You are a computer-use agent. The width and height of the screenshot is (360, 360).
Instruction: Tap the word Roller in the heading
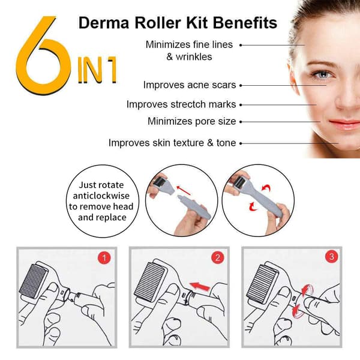(158, 23)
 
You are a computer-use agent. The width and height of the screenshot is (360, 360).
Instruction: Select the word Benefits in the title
(245, 23)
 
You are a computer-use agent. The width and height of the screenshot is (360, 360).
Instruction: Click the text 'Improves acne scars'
(190, 85)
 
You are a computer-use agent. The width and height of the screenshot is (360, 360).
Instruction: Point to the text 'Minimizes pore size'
(192, 121)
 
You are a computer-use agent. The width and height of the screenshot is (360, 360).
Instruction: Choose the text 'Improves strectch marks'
(181, 104)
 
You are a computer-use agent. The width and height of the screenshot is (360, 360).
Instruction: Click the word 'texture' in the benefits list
(188, 143)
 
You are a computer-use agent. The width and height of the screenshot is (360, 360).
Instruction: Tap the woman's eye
(323, 74)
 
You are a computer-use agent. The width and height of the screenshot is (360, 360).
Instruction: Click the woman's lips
(345, 125)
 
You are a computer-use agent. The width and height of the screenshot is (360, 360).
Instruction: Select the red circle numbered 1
(104, 258)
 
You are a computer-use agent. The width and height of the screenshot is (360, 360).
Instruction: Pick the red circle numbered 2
(217, 257)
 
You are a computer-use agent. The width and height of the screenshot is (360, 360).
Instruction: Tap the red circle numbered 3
(332, 257)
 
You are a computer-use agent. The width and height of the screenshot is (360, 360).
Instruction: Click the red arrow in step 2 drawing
(200, 287)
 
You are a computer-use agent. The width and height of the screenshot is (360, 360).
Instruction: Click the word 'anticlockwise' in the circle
(101, 196)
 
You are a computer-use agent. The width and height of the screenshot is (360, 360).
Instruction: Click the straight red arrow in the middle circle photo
(184, 190)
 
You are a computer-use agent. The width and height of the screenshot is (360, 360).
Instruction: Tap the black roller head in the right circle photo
(240, 183)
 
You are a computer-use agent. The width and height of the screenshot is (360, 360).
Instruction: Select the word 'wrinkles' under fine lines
(194, 57)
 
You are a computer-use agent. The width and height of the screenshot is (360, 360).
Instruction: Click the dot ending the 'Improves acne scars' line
(241, 85)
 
